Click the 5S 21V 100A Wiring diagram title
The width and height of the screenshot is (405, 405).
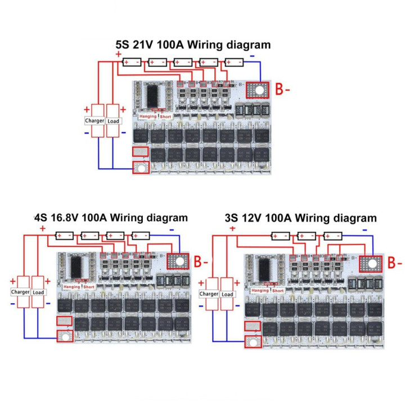pos(193,44)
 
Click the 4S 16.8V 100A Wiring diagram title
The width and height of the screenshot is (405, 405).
pos(111,217)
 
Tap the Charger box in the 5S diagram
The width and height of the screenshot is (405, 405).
pos(94,120)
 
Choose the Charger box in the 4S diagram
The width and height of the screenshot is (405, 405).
pos(20,292)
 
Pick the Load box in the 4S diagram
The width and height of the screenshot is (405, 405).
pos(39,292)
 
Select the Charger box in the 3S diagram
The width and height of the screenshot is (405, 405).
pos(209,294)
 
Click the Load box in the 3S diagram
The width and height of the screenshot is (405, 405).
pos(228,294)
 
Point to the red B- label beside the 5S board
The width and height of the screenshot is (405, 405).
pos(283,90)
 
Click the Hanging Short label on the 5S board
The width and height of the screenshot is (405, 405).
pos(156,116)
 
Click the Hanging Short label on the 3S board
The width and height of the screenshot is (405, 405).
pos(268,290)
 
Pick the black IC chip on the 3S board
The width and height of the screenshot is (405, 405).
pos(264,268)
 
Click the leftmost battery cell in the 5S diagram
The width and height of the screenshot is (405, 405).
pos(131,62)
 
